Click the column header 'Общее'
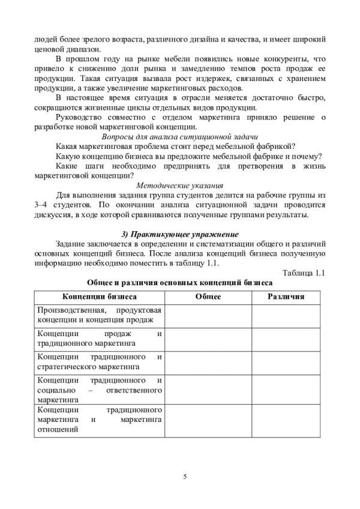[x=208, y=297]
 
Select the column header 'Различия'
[x=286, y=297]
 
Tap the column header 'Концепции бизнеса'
[x=100, y=297]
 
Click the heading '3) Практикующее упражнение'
[x=180, y=233]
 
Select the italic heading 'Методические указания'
[x=180, y=185]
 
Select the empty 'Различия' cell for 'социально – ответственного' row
[x=286, y=390]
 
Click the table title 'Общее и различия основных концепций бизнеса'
[x=180, y=284]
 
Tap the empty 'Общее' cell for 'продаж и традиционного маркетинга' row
[x=208, y=339]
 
